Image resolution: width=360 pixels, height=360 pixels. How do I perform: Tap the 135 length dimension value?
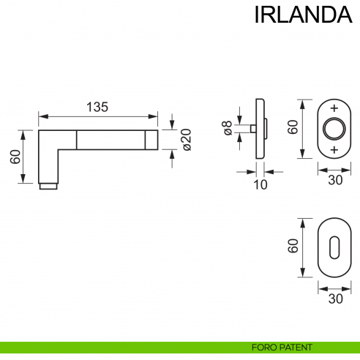pos(97,107)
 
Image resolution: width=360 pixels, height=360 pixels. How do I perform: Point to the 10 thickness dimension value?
pos(260,184)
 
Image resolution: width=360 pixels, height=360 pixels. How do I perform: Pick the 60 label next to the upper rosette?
pos(292,127)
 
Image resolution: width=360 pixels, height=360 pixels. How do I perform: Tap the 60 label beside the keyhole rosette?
pos(292,247)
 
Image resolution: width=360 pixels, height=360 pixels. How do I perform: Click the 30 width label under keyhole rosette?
pos(335,299)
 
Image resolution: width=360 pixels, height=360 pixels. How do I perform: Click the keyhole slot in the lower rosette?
pos(334,247)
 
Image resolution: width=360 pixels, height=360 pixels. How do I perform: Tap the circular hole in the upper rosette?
pos(334,129)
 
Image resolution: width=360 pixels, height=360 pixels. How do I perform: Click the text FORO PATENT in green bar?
pos(282,347)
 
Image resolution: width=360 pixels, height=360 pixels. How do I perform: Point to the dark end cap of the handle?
pos(151,139)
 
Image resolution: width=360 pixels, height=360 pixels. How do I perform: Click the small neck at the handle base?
pos(48,186)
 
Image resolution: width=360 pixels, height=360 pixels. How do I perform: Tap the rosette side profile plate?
pos(260,128)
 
